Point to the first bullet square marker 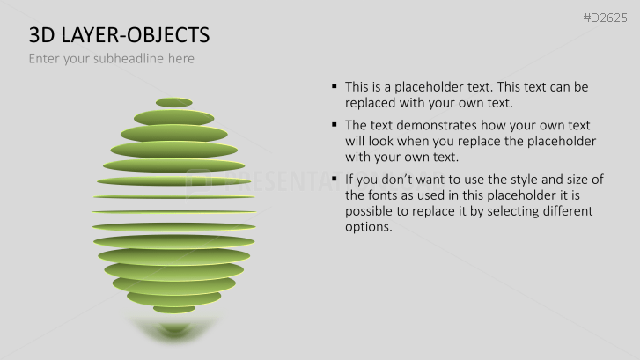tap(335, 86)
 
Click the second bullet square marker tap(335, 124)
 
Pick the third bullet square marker tap(335, 179)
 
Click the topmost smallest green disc tap(174, 102)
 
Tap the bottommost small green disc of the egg tap(174, 309)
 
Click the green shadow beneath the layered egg tap(173, 329)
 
